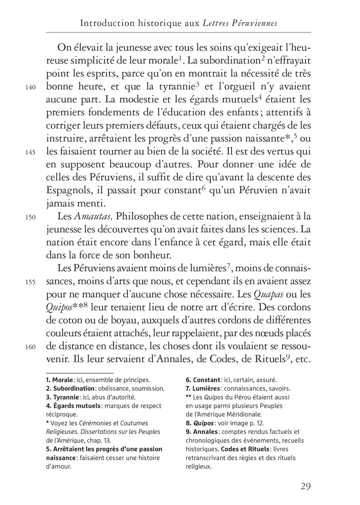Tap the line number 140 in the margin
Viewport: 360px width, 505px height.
click(x=30, y=87)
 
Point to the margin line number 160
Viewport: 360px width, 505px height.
click(x=30, y=346)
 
